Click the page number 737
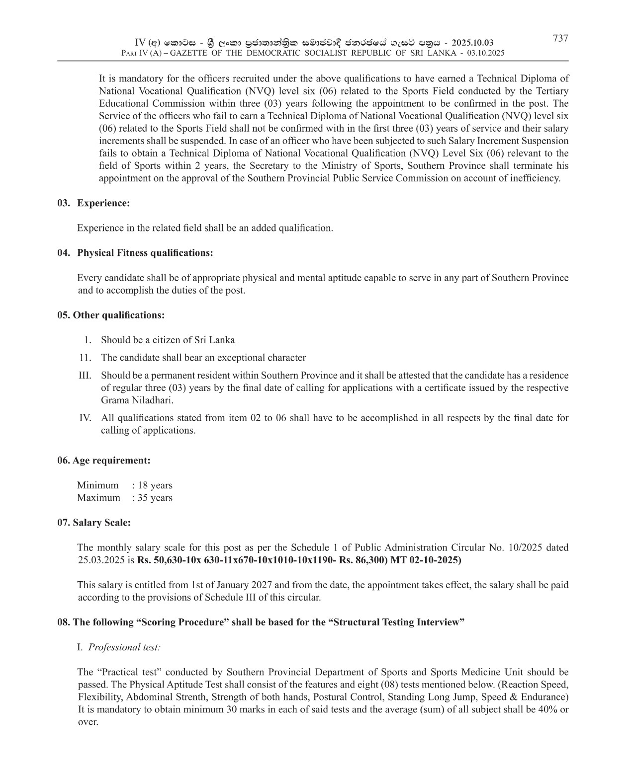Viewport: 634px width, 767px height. point(560,38)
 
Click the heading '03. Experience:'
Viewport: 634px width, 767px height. point(93,203)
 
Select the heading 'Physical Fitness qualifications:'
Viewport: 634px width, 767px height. point(145,252)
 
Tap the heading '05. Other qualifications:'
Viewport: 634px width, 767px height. point(111,315)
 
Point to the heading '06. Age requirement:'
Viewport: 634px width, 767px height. point(104,460)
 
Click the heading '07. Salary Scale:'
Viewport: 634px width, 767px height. point(94,523)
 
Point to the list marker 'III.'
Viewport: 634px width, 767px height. point(85,376)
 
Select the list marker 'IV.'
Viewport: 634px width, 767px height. point(85,418)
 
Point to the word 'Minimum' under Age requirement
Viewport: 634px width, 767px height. point(98,485)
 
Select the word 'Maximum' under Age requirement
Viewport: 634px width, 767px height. point(98,498)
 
